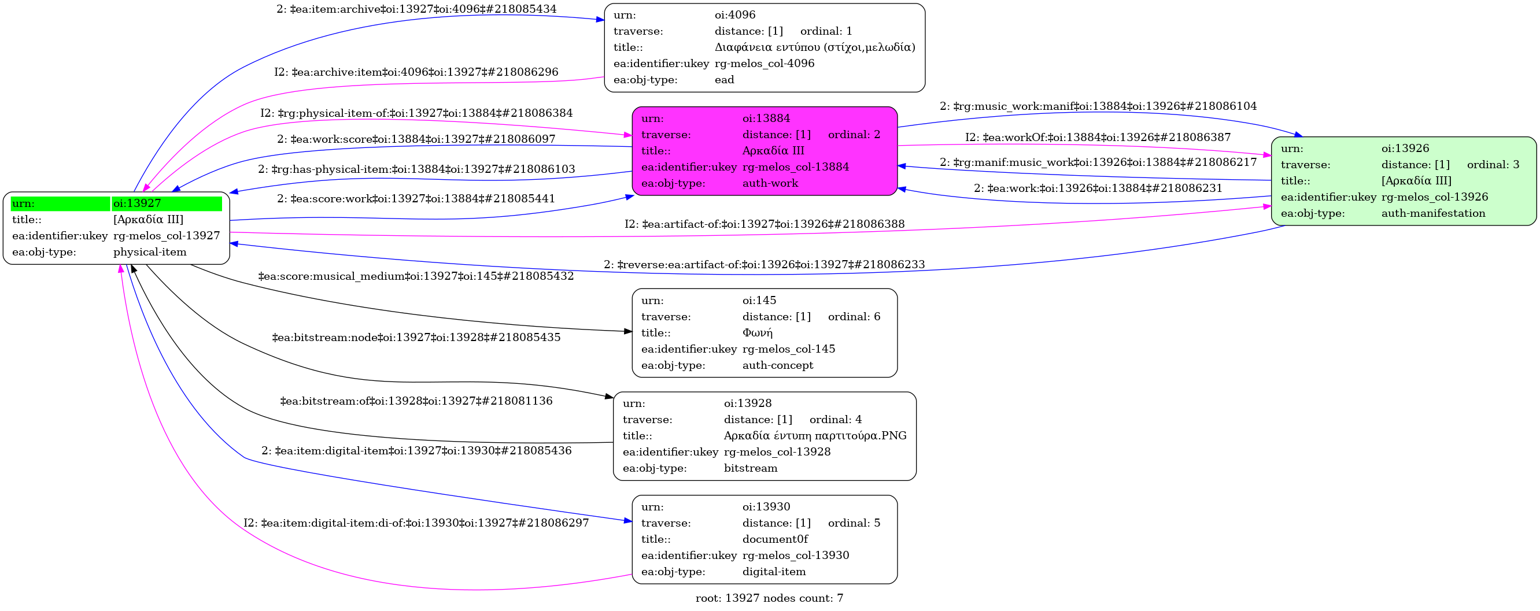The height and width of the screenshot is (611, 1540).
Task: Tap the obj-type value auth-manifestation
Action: (1433, 213)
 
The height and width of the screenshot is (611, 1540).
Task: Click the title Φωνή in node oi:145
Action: (758, 333)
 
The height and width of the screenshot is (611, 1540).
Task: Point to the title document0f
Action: (775, 539)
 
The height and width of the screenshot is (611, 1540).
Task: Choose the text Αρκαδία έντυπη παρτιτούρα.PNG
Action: (815, 436)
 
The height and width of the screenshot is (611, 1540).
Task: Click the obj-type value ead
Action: (724, 80)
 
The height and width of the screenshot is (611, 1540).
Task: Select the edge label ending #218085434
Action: (416, 9)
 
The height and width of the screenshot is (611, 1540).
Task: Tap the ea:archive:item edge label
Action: (416, 72)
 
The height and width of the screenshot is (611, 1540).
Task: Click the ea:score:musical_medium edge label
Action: (415, 276)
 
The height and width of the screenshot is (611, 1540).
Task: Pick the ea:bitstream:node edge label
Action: (416, 338)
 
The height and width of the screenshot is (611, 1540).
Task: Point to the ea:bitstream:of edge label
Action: (416, 401)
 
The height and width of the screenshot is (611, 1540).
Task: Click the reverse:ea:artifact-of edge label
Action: (764, 264)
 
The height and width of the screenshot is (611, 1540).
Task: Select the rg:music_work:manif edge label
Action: (1098, 106)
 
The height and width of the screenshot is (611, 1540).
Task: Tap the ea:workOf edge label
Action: (1098, 138)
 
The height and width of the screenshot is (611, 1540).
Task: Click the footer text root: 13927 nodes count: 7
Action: (769, 598)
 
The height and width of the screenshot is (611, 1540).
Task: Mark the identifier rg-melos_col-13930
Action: (795, 556)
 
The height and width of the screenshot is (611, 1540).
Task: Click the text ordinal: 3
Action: (1493, 164)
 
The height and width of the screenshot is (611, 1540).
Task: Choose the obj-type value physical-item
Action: (149, 252)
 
